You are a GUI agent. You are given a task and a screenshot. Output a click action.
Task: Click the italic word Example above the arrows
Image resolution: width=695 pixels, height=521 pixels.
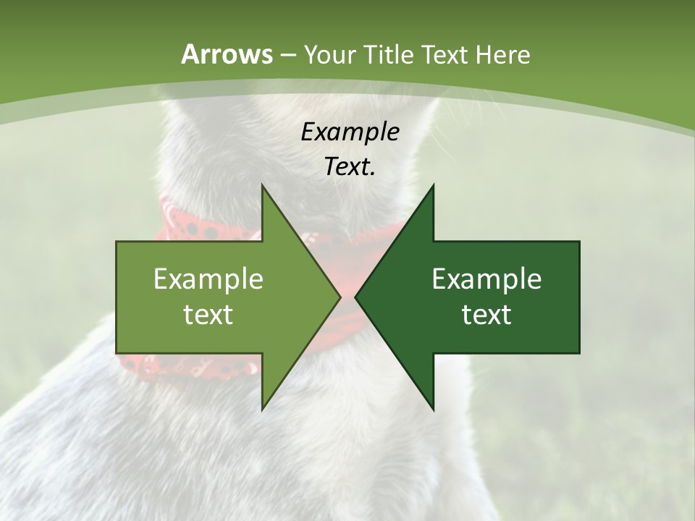tap(350, 132)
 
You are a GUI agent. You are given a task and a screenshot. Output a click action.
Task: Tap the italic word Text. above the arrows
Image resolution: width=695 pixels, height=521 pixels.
tap(350, 166)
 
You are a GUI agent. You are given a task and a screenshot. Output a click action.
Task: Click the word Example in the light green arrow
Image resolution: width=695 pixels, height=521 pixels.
tap(208, 279)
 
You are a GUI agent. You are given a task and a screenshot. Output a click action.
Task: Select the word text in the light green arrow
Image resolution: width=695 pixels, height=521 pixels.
tap(208, 314)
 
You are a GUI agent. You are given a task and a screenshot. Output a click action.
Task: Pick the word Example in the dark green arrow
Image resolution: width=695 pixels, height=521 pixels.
tap(486, 279)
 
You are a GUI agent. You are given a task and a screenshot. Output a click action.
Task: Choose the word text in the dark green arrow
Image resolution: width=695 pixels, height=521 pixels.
tap(486, 314)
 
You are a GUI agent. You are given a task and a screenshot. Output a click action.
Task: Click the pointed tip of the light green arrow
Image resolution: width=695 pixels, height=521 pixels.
tap(340, 297)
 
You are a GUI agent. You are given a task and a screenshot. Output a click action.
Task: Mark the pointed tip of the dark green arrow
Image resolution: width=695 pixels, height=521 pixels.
tap(355, 297)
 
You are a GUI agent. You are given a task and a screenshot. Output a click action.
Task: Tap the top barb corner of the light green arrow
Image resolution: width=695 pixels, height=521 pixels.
tap(262, 185)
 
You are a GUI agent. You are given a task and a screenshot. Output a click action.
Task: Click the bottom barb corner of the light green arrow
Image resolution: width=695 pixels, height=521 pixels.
tap(262, 409)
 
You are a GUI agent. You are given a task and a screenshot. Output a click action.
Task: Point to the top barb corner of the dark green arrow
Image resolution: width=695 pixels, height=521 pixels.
tap(433, 185)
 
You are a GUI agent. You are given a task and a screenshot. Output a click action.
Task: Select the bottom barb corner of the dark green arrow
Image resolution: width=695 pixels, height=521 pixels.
tap(433, 409)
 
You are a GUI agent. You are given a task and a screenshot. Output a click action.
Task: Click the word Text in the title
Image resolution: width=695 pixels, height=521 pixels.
tap(445, 54)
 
